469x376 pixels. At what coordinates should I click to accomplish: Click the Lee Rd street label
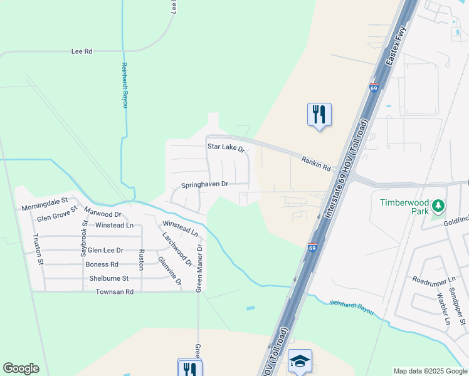point(82,51)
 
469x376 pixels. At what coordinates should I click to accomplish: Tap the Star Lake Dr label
point(226,148)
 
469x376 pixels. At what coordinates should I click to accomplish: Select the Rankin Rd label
point(315,164)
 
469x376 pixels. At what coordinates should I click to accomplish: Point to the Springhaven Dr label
point(204,185)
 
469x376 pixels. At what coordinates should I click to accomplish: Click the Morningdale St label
point(45,204)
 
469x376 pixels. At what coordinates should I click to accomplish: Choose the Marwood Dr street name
point(102,214)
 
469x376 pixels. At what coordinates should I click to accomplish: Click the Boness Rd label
point(102,264)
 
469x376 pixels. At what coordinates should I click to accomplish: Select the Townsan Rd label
point(115,292)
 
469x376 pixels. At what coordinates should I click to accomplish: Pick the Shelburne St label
point(109,278)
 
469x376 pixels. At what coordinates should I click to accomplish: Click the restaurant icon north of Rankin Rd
point(319,114)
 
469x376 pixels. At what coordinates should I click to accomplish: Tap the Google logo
point(21,368)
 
